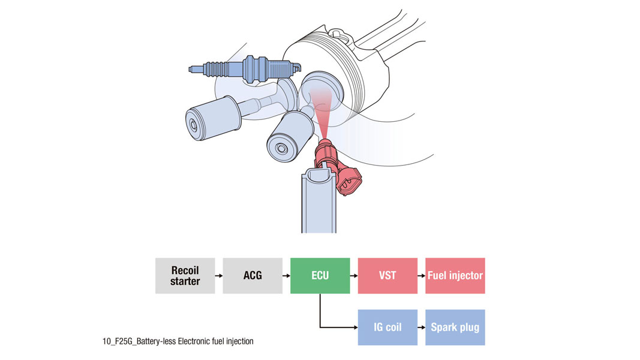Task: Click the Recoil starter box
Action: (185, 275)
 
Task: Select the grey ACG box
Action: (253, 275)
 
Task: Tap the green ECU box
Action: (320, 275)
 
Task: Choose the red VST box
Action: (387, 275)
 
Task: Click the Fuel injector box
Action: (455, 275)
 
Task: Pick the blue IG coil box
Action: (387, 328)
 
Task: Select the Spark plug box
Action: (455, 328)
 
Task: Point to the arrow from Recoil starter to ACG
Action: (219, 275)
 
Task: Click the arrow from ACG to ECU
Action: (286, 275)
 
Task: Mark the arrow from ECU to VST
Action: (354, 275)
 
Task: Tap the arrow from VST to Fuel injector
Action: (421, 275)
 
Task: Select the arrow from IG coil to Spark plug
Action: (421, 328)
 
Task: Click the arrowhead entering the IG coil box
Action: (356, 328)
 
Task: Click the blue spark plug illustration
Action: (245, 68)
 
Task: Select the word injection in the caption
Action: (239, 341)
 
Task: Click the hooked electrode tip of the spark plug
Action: (298, 65)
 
